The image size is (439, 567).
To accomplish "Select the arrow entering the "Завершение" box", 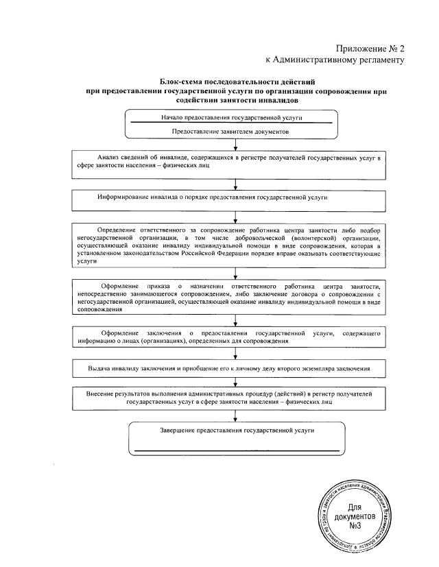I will pyautogui.click(x=235, y=415).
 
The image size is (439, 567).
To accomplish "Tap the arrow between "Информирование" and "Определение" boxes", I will pyautogui.click(x=235, y=217).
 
